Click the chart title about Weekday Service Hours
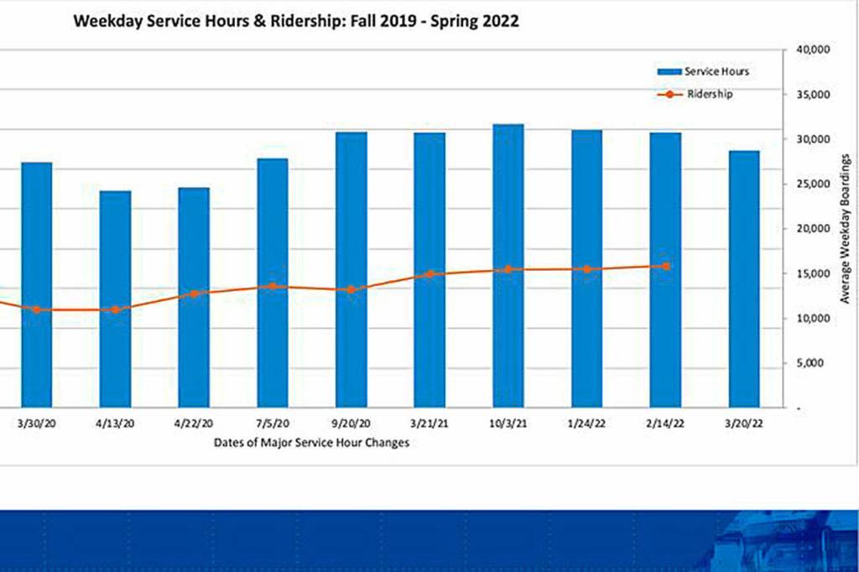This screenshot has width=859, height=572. (x=295, y=21)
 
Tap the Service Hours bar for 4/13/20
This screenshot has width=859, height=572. (x=115, y=299)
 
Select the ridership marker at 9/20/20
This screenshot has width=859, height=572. (x=351, y=290)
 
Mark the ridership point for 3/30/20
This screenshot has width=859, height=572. (x=36, y=309)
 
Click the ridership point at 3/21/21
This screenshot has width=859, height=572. (x=430, y=274)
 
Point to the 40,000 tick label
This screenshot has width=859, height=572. (x=810, y=49)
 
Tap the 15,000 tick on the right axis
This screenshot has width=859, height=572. (x=810, y=273)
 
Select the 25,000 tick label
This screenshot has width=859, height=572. (x=810, y=184)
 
